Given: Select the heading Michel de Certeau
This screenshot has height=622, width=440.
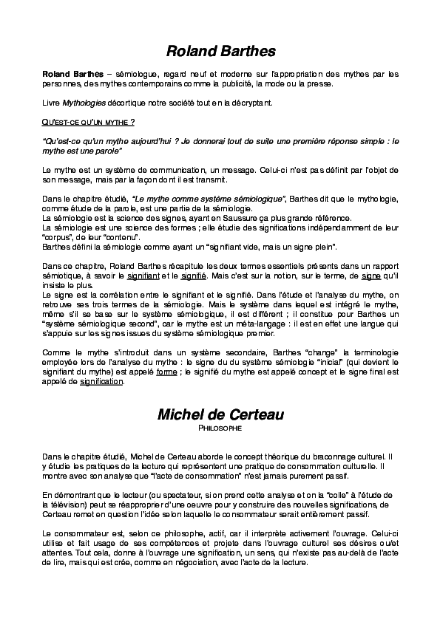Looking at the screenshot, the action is point(220,414).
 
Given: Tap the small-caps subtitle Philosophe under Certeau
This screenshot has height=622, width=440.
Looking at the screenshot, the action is point(220,428).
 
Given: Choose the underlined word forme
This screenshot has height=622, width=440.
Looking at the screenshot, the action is point(166,373).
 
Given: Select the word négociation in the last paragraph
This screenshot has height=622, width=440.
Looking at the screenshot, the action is point(260,561).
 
